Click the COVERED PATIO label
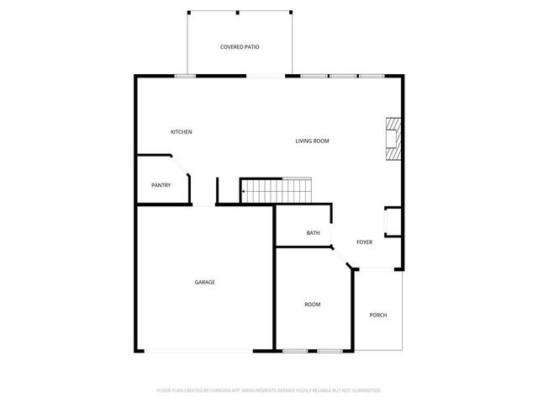(240, 47)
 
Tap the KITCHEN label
(182, 132)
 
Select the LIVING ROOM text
(312, 141)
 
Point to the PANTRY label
(161, 185)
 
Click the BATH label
(313, 233)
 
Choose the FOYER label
(364, 242)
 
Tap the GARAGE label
(205, 282)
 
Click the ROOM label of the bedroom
(312, 304)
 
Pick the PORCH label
(378, 316)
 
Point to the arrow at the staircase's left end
(245, 193)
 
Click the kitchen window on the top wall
(185, 77)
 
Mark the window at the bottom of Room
(312, 351)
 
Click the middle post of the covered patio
(239, 13)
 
